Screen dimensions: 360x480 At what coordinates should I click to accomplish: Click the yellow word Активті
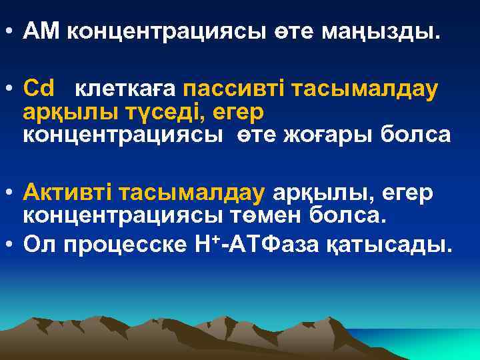click(67, 193)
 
